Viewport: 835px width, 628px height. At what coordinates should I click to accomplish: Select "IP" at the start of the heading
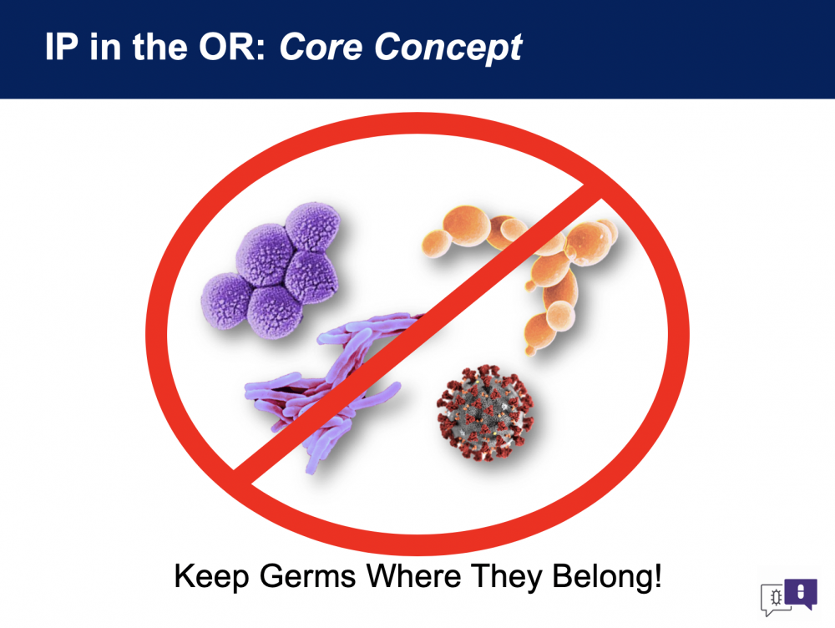point(62,47)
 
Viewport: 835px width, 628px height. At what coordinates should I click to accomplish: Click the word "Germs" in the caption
point(308,576)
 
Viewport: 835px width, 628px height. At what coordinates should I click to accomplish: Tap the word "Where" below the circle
point(414,575)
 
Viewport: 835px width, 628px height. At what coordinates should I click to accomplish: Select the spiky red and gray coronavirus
point(484,413)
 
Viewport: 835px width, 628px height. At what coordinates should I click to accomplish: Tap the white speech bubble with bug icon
point(774,599)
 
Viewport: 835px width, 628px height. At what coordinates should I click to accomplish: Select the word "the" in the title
point(159,47)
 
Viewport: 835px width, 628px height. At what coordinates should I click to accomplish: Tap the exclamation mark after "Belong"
point(657,575)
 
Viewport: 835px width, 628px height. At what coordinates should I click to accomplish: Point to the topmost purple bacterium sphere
point(313,225)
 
